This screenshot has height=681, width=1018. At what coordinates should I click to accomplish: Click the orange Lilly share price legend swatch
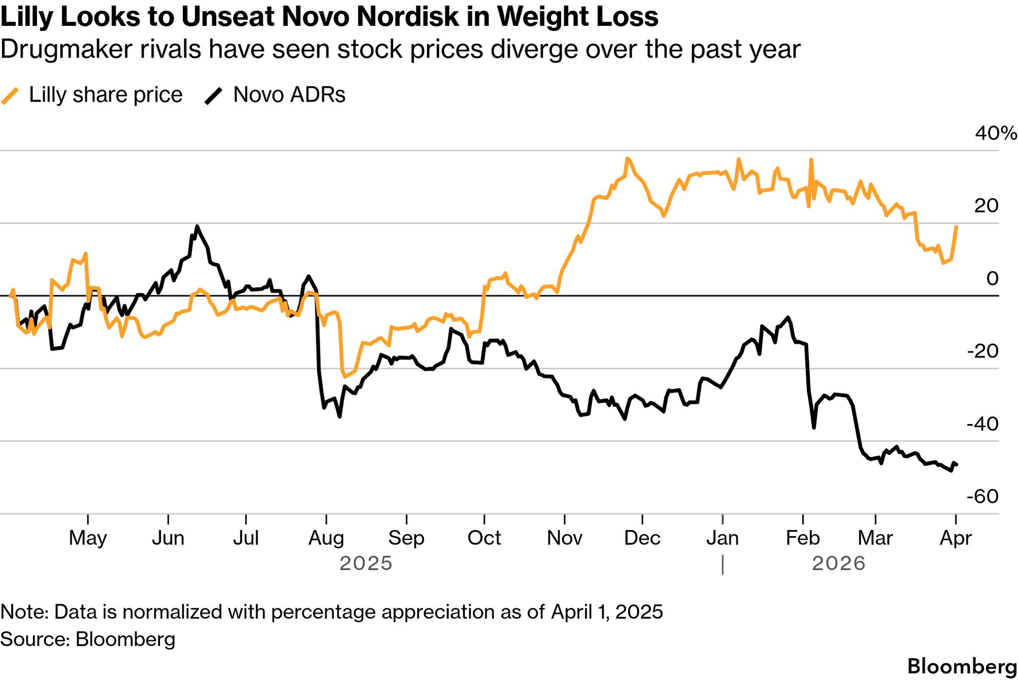10,95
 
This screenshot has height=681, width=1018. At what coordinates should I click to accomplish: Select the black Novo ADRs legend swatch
213,95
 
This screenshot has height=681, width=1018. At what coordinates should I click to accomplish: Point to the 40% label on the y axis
995,134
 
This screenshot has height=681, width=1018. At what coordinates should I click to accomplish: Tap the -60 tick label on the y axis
982,496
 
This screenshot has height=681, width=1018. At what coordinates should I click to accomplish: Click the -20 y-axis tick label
982,351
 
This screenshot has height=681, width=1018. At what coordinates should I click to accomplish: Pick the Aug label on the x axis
326,538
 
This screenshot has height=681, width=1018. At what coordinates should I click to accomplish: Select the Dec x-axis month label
642,538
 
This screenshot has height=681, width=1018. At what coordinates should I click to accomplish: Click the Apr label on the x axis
956,538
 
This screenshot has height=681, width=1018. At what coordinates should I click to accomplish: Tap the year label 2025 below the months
366,564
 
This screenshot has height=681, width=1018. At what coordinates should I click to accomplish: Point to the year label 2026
839,564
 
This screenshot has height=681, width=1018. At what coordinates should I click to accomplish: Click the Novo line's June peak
197,226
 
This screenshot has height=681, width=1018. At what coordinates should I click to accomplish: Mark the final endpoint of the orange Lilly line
957,226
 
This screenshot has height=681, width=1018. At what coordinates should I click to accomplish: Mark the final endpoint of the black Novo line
957,464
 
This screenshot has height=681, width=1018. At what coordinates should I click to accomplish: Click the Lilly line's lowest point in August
345,377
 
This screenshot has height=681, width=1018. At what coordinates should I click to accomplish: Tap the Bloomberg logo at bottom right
962,666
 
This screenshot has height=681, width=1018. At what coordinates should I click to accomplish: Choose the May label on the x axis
88,538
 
